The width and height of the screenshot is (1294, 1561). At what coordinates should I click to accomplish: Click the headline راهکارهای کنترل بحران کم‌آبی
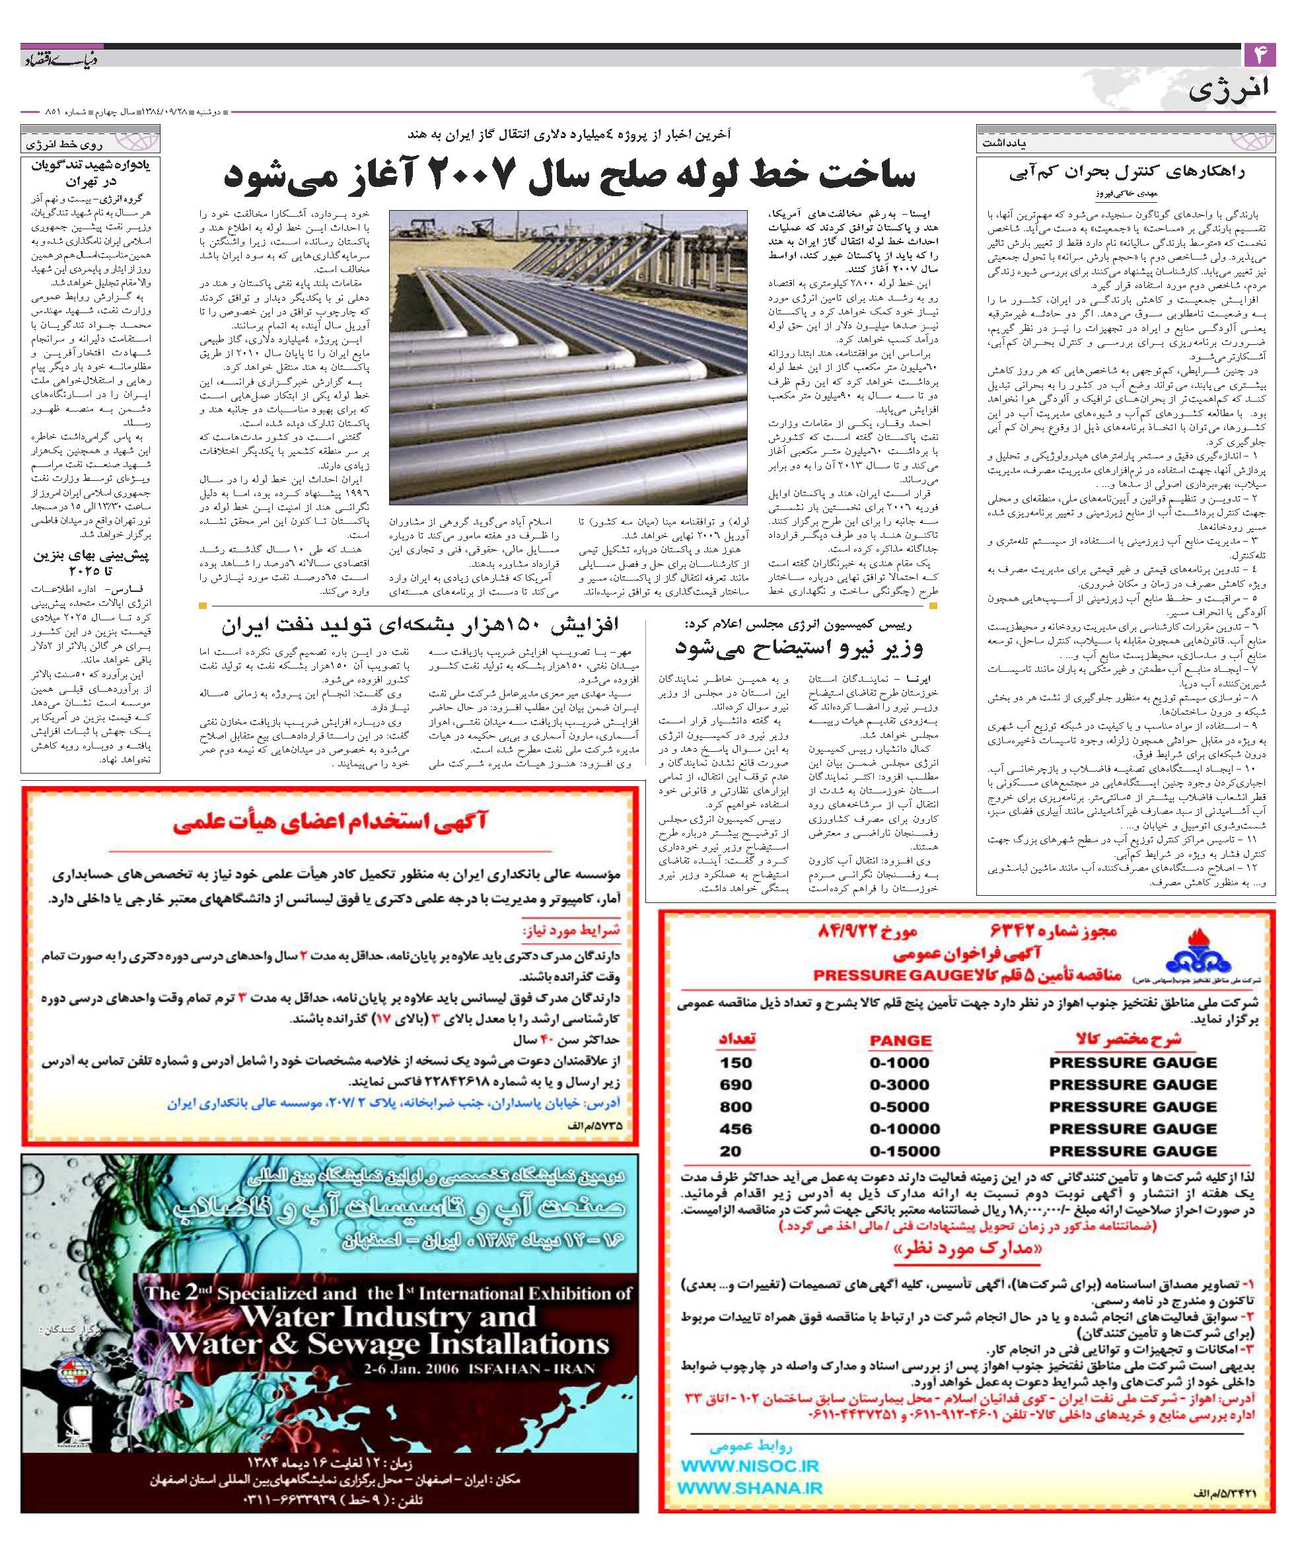1127,172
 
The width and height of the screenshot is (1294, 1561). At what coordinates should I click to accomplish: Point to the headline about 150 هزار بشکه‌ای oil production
419,624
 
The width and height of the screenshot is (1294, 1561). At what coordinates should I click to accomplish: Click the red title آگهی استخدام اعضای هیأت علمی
330,823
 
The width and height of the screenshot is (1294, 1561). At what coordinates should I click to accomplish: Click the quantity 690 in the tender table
736,1085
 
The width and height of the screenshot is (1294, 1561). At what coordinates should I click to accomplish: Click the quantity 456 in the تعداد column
736,1128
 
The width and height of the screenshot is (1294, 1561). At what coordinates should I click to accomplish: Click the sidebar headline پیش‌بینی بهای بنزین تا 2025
90,563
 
